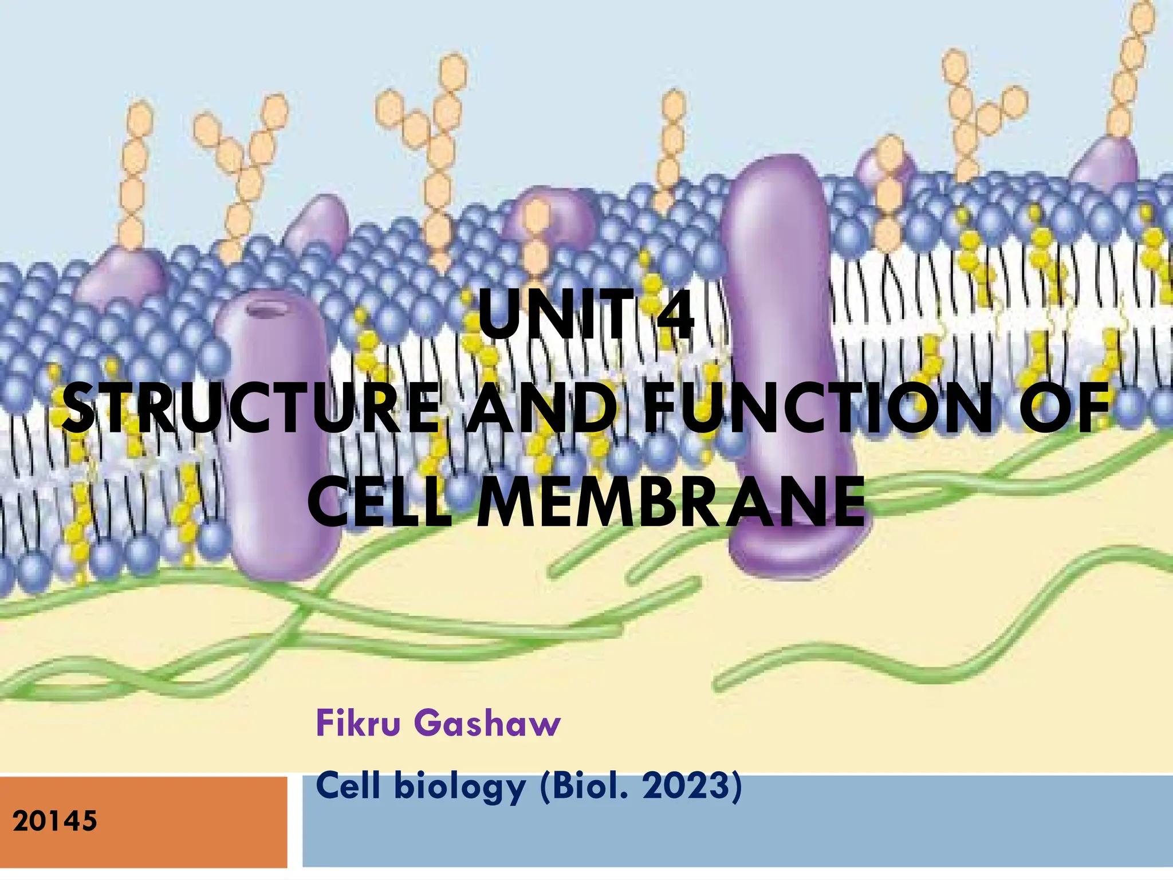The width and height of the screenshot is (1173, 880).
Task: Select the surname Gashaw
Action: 487,723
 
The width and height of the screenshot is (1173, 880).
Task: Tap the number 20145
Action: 55,822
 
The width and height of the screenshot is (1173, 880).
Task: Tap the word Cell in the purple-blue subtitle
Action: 348,786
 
